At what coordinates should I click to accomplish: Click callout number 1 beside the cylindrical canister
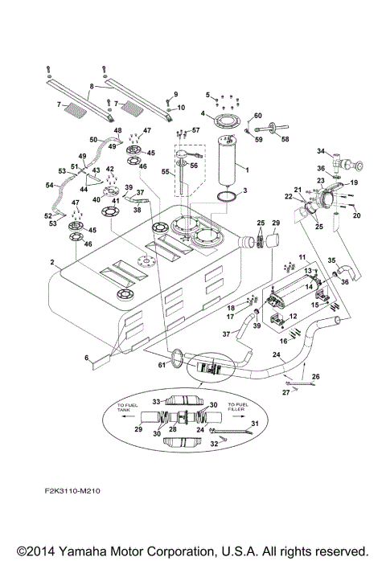coord(246,170)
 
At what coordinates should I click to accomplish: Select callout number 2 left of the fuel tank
coord(51,263)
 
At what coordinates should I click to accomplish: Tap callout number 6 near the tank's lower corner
coord(86,358)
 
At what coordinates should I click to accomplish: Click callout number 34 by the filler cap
coord(319,151)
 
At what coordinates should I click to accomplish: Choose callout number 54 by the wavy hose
coord(47,186)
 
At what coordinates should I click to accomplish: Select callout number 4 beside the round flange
coord(203,113)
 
